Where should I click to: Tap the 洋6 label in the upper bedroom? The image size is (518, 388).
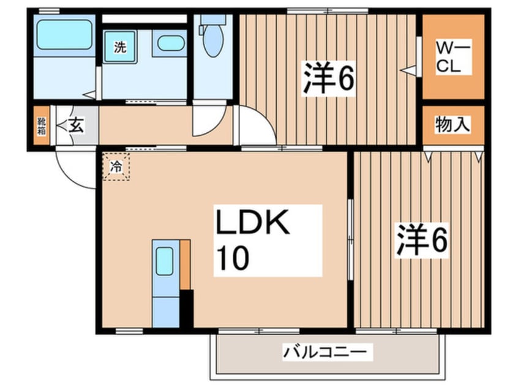328,78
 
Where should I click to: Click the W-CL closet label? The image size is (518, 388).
452,57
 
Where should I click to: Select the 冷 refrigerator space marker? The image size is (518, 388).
116,166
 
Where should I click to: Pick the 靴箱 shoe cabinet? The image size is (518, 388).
42,126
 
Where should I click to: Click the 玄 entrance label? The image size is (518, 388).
77,126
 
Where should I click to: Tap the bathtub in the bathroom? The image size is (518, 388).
64,35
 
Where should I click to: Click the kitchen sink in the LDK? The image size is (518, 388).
165,261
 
